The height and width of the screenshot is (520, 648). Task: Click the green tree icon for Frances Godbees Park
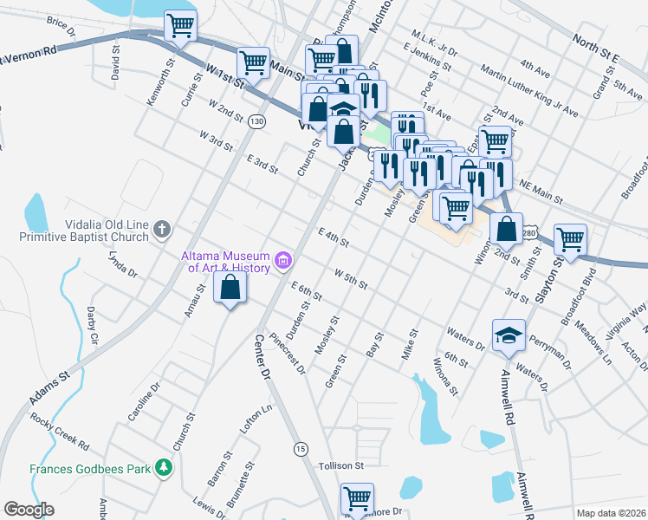pyautogui.click(x=161, y=468)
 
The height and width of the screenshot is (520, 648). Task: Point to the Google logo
pyautogui.click(x=29, y=510)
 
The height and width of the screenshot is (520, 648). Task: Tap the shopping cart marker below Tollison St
pyautogui.click(x=356, y=497)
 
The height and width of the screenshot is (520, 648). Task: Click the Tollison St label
pyautogui.click(x=340, y=465)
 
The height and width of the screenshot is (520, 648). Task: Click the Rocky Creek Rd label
pyautogui.click(x=59, y=432)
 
